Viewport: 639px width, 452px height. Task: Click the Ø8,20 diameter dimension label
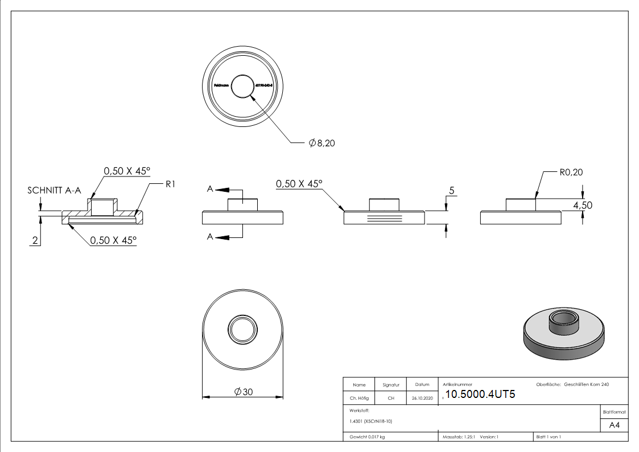click(x=321, y=143)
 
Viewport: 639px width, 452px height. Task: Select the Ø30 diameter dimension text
click(x=243, y=392)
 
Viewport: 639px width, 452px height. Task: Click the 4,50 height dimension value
click(x=582, y=206)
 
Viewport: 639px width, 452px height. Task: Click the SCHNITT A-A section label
click(x=54, y=191)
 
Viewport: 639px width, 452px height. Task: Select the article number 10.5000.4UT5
click(x=480, y=394)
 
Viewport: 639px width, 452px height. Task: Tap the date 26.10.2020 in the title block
click(x=422, y=398)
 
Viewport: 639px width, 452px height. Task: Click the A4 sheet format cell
click(x=615, y=425)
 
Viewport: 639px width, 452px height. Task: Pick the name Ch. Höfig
click(x=359, y=398)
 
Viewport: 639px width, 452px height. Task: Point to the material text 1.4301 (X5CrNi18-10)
click(x=371, y=421)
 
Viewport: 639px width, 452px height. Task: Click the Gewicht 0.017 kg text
click(x=367, y=437)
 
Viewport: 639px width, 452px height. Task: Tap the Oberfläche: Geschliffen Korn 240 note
click(x=572, y=385)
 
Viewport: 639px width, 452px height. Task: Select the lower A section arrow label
click(x=210, y=237)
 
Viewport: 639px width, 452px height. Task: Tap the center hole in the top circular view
click(x=244, y=87)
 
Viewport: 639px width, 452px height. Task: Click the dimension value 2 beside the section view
click(x=35, y=241)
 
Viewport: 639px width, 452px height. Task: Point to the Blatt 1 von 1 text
click(x=549, y=437)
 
